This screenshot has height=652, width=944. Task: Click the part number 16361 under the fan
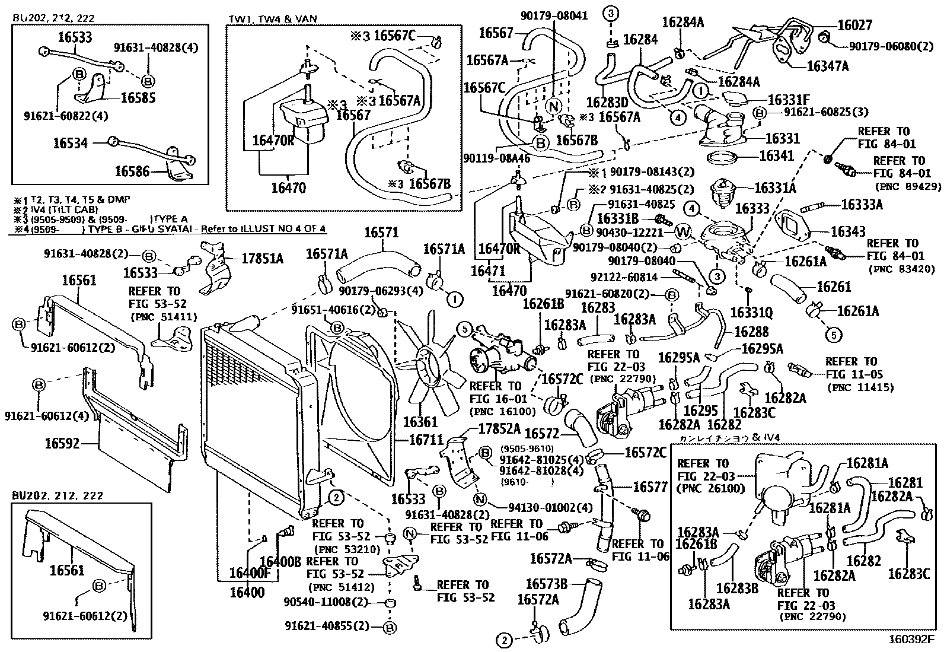tap(420, 422)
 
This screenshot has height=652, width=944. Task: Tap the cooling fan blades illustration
tap(426, 365)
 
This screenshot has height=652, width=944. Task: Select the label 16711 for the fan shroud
tap(426, 440)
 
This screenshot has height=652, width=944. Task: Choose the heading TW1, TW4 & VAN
tap(273, 19)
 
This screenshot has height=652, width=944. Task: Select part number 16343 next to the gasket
tap(848, 231)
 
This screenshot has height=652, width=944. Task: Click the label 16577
tap(650, 487)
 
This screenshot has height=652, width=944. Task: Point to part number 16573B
tap(547, 584)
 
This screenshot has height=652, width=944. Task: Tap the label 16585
tap(138, 97)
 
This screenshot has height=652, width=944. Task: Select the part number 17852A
tap(499, 429)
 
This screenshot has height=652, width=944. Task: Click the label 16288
tap(751, 332)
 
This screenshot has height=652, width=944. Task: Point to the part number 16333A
tap(862, 205)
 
